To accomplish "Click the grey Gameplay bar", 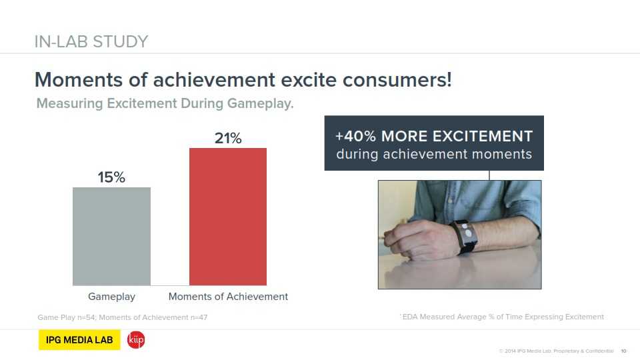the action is tap(111, 236).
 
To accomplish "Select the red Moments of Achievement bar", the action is tap(228, 217).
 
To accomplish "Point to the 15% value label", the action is tap(111, 177).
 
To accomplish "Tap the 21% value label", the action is tap(228, 138).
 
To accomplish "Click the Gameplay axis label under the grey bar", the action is tap(111, 297).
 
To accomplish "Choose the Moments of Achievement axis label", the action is tap(228, 296).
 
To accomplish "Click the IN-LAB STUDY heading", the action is tap(91, 41).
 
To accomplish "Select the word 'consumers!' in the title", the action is tap(397, 79).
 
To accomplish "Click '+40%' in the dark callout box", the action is tap(355, 136).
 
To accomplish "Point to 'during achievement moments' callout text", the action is tap(434, 154).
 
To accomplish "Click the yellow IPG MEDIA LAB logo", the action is tap(79, 339).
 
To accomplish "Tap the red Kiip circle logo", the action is tap(136, 340).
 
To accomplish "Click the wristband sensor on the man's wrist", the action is tap(465, 236).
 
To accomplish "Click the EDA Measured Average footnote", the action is tap(503, 317).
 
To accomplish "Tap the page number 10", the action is tap(624, 351).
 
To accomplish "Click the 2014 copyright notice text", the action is tap(556, 351).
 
